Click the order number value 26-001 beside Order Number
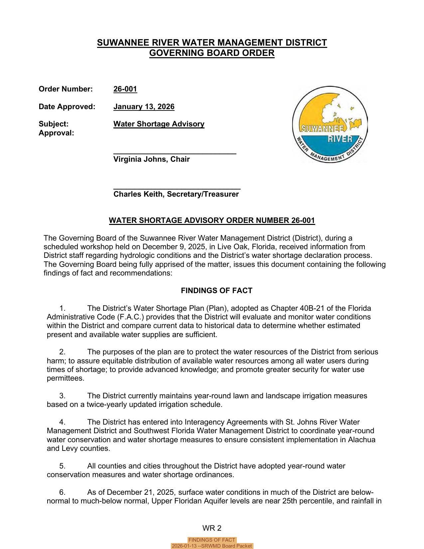[x=125, y=89]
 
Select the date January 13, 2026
[x=144, y=107]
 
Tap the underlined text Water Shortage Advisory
[x=159, y=124]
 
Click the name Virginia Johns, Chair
[x=151, y=159]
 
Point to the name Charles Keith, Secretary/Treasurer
[x=176, y=194]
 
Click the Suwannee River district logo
[x=330, y=124]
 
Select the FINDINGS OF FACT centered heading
[x=216, y=291]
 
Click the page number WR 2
[x=212, y=528]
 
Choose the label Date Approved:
[x=67, y=107]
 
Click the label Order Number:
[x=66, y=89]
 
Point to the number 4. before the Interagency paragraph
[x=63, y=422]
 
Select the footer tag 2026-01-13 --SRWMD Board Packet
[x=212, y=546]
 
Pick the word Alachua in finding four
[x=361, y=440]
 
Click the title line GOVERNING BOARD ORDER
[x=212, y=53]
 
